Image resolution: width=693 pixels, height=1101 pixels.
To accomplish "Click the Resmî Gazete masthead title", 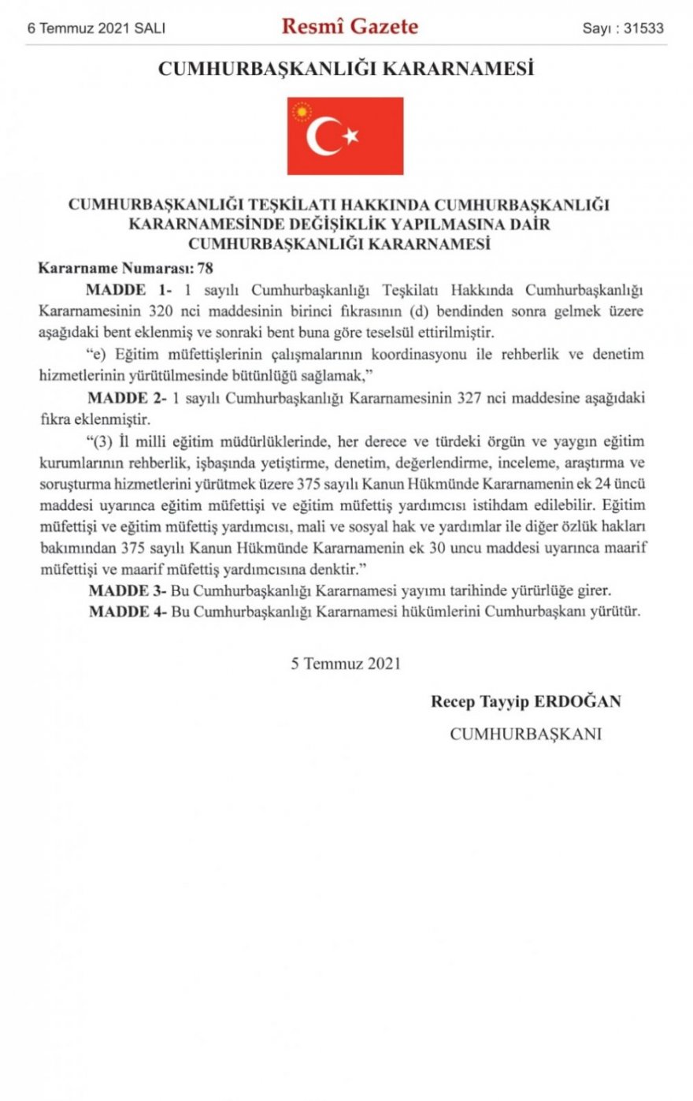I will click(x=350, y=27).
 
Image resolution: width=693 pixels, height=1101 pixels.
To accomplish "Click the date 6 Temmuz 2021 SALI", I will click(x=96, y=28).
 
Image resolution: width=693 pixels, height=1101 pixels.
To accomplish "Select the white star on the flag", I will click(x=350, y=136).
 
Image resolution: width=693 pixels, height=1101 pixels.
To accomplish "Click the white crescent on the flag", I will click(x=323, y=136).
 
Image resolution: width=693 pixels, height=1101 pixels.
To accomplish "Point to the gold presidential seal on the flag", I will click(x=302, y=112).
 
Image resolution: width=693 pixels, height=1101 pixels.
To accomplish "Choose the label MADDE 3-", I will click(x=127, y=590).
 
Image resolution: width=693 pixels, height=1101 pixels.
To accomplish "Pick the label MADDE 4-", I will click(x=127, y=612).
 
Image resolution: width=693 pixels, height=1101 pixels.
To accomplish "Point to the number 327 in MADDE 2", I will click(x=470, y=398).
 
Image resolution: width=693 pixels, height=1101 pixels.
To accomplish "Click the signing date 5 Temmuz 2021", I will click(x=346, y=663).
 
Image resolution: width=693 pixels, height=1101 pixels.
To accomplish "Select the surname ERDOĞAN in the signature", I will click(x=578, y=701).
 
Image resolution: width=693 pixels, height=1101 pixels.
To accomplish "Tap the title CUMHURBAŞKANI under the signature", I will click(x=525, y=734).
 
